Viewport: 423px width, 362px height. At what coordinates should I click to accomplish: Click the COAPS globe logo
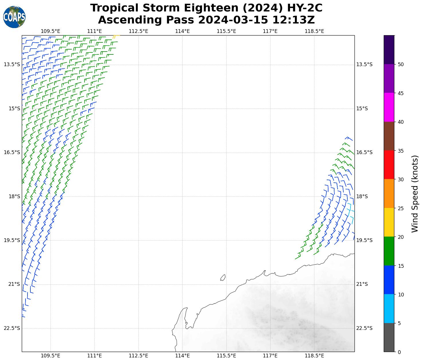pyautogui.click(x=14, y=17)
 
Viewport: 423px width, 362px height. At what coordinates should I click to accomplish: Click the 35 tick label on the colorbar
pyautogui.click(x=401, y=151)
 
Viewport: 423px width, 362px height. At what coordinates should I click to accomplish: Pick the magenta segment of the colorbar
pyautogui.click(x=389, y=107)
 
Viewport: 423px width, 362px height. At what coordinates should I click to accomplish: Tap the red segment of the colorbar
pyautogui.click(x=389, y=165)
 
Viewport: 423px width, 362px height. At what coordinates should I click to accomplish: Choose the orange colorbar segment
pyautogui.click(x=389, y=193)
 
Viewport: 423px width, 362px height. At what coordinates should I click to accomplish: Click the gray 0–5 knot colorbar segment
pyautogui.click(x=389, y=337)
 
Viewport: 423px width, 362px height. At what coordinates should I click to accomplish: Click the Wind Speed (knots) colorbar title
pyautogui.click(x=414, y=194)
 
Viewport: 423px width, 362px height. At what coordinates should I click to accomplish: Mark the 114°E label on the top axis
pyautogui.click(x=182, y=31)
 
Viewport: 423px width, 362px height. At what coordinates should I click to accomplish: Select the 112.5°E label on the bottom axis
pyautogui.click(x=138, y=356)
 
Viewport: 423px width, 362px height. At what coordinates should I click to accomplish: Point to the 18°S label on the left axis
pyautogui.click(x=14, y=196)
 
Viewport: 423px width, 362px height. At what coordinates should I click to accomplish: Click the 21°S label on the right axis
pyautogui.click(x=362, y=284)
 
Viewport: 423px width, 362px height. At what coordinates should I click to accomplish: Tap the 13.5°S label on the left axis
pyautogui.click(x=12, y=64)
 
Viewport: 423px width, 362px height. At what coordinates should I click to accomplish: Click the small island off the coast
pyautogui.click(x=223, y=278)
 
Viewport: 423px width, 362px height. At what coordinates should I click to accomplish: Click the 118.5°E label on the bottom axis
pyautogui.click(x=314, y=356)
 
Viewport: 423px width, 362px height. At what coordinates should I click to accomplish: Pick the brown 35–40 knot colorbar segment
pyautogui.click(x=389, y=136)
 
